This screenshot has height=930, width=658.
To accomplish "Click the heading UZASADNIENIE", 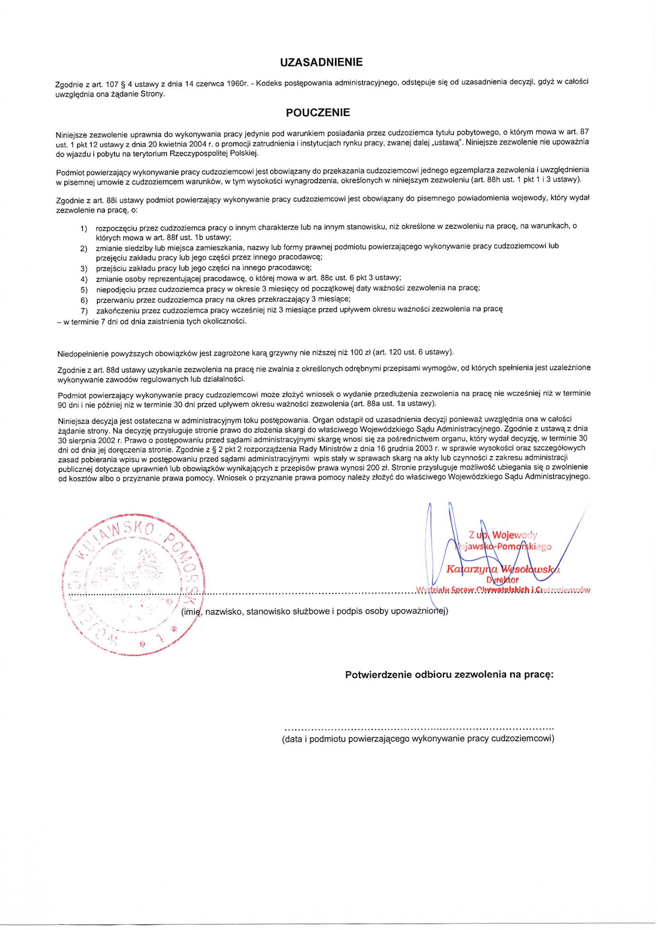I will click(x=321, y=62).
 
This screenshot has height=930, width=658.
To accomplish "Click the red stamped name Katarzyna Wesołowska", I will click(x=503, y=569).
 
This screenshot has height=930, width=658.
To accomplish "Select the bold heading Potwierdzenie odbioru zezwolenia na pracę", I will click(x=449, y=675).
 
